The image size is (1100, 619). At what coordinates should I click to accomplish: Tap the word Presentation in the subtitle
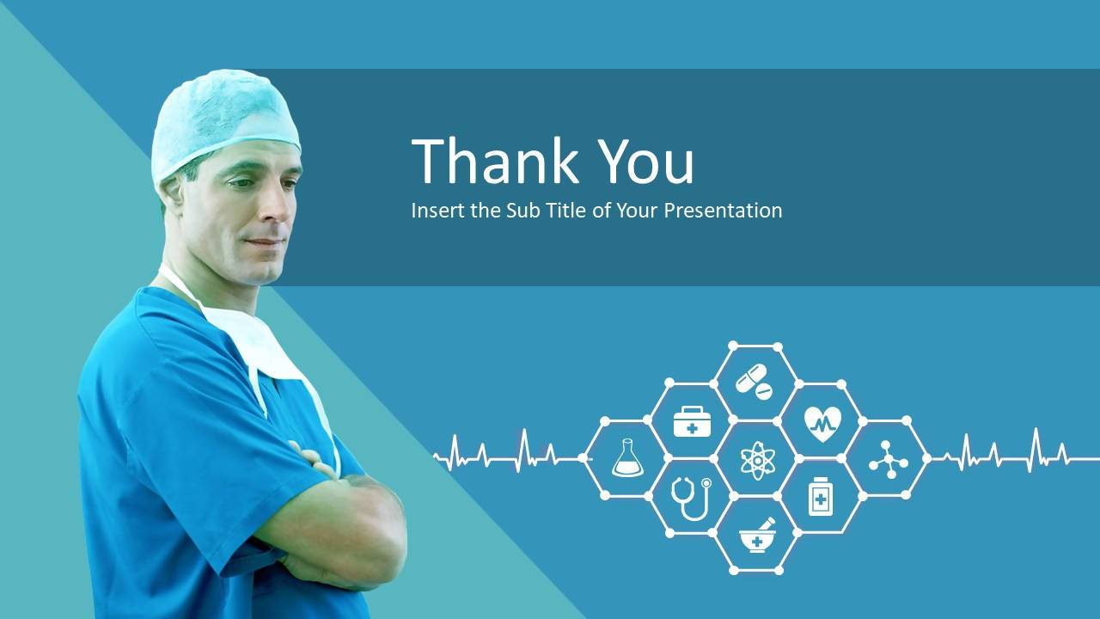[723, 211]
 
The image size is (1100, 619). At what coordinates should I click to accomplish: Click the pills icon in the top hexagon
[754, 381]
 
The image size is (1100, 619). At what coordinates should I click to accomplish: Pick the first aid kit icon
[692, 421]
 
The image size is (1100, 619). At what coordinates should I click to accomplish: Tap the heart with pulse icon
[822, 424]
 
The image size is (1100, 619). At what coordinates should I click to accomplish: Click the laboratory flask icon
[627, 458]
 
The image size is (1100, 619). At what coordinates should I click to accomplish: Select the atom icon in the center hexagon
[758, 460]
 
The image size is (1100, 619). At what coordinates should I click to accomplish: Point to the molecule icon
[889, 460]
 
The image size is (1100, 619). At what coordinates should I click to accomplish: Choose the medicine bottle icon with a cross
[821, 497]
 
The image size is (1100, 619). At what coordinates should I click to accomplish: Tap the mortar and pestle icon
[757, 536]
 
